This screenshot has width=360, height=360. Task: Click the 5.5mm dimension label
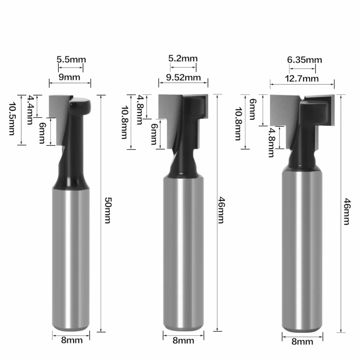click(x=71, y=59)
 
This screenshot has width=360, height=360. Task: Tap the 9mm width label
click(x=69, y=77)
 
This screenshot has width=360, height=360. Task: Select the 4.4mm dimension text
click(x=30, y=110)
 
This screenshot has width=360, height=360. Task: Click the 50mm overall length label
click(x=108, y=210)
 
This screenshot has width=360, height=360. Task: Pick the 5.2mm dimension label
click(x=183, y=58)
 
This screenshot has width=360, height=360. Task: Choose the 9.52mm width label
click(x=183, y=77)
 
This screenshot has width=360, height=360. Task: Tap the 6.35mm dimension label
click(x=304, y=60)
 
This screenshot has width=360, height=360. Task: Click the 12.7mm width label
click(x=302, y=78)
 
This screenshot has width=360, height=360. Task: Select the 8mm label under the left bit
click(x=72, y=340)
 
